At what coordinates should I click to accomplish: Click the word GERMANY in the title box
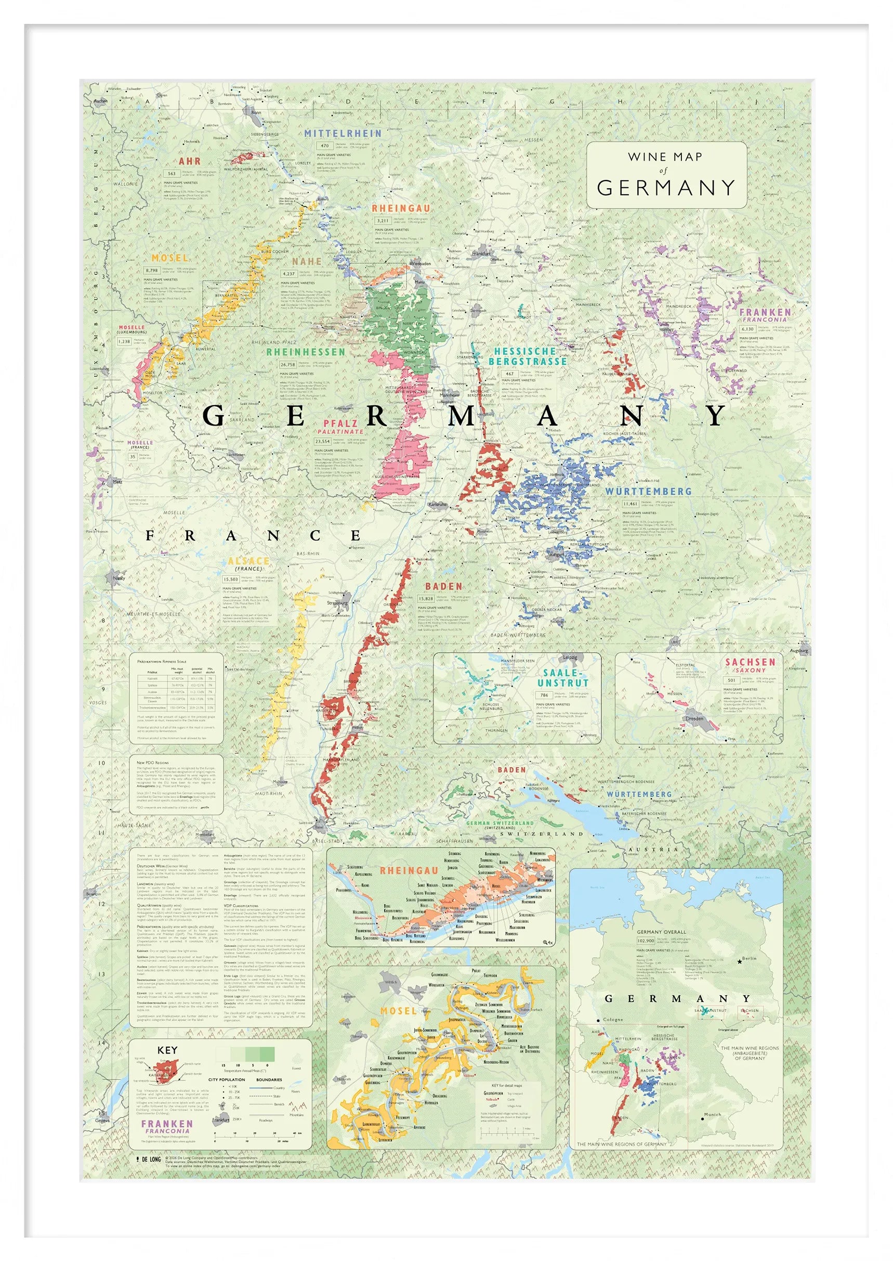(x=665, y=188)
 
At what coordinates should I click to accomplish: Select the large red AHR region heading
(x=189, y=161)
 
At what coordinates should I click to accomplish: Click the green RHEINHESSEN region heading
(x=306, y=352)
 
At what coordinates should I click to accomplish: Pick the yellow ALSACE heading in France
(x=249, y=561)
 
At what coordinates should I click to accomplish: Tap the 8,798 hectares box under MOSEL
(x=151, y=270)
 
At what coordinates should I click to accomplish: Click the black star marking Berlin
(x=739, y=961)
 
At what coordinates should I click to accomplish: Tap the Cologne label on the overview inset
(x=613, y=1019)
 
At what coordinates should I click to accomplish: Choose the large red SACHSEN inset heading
(x=750, y=662)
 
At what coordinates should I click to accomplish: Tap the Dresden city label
(x=694, y=718)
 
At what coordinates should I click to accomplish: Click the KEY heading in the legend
(x=167, y=1050)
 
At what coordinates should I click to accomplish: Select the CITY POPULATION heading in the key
(x=227, y=1079)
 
